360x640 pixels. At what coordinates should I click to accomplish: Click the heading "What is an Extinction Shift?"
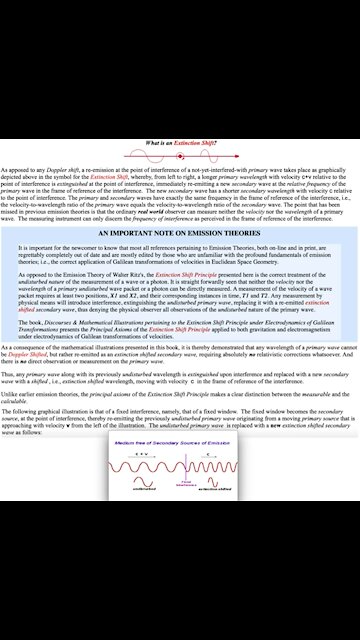point(180,144)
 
